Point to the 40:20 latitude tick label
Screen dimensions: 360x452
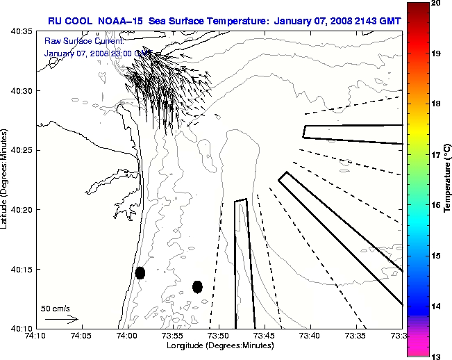[x=22, y=210]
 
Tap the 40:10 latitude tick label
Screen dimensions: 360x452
[x=22, y=328]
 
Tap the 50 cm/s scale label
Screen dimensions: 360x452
[x=53, y=308]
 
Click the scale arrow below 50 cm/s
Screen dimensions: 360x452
[x=61, y=320]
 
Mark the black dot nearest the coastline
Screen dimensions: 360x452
[x=140, y=272]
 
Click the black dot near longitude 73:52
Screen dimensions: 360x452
[x=197, y=286]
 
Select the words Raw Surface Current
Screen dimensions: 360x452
[x=77, y=41]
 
